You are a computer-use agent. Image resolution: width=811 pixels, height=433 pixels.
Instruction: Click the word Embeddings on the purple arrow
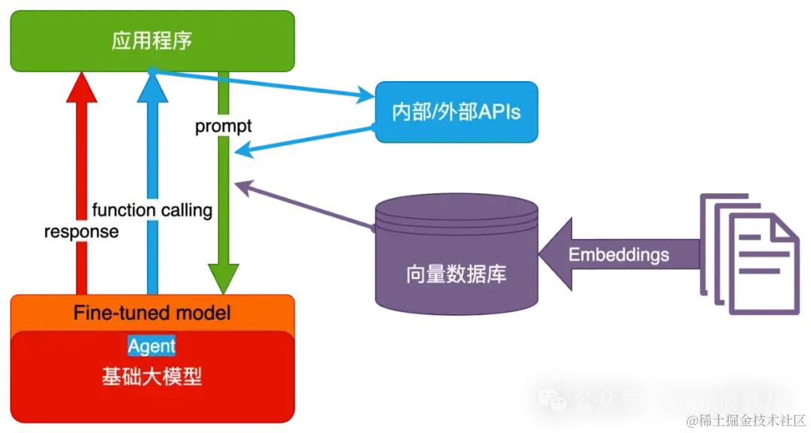click(619, 255)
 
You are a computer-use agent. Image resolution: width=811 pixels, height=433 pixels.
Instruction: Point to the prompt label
click(223, 126)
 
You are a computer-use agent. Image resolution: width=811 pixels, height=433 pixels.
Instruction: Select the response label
click(81, 232)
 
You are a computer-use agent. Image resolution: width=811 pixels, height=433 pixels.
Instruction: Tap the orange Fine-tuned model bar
click(152, 312)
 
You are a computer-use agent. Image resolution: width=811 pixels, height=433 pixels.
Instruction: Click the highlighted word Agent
click(151, 346)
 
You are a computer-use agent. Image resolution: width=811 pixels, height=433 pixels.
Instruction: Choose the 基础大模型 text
click(152, 377)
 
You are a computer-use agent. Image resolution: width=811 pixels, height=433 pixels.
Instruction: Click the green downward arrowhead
click(223, 279)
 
